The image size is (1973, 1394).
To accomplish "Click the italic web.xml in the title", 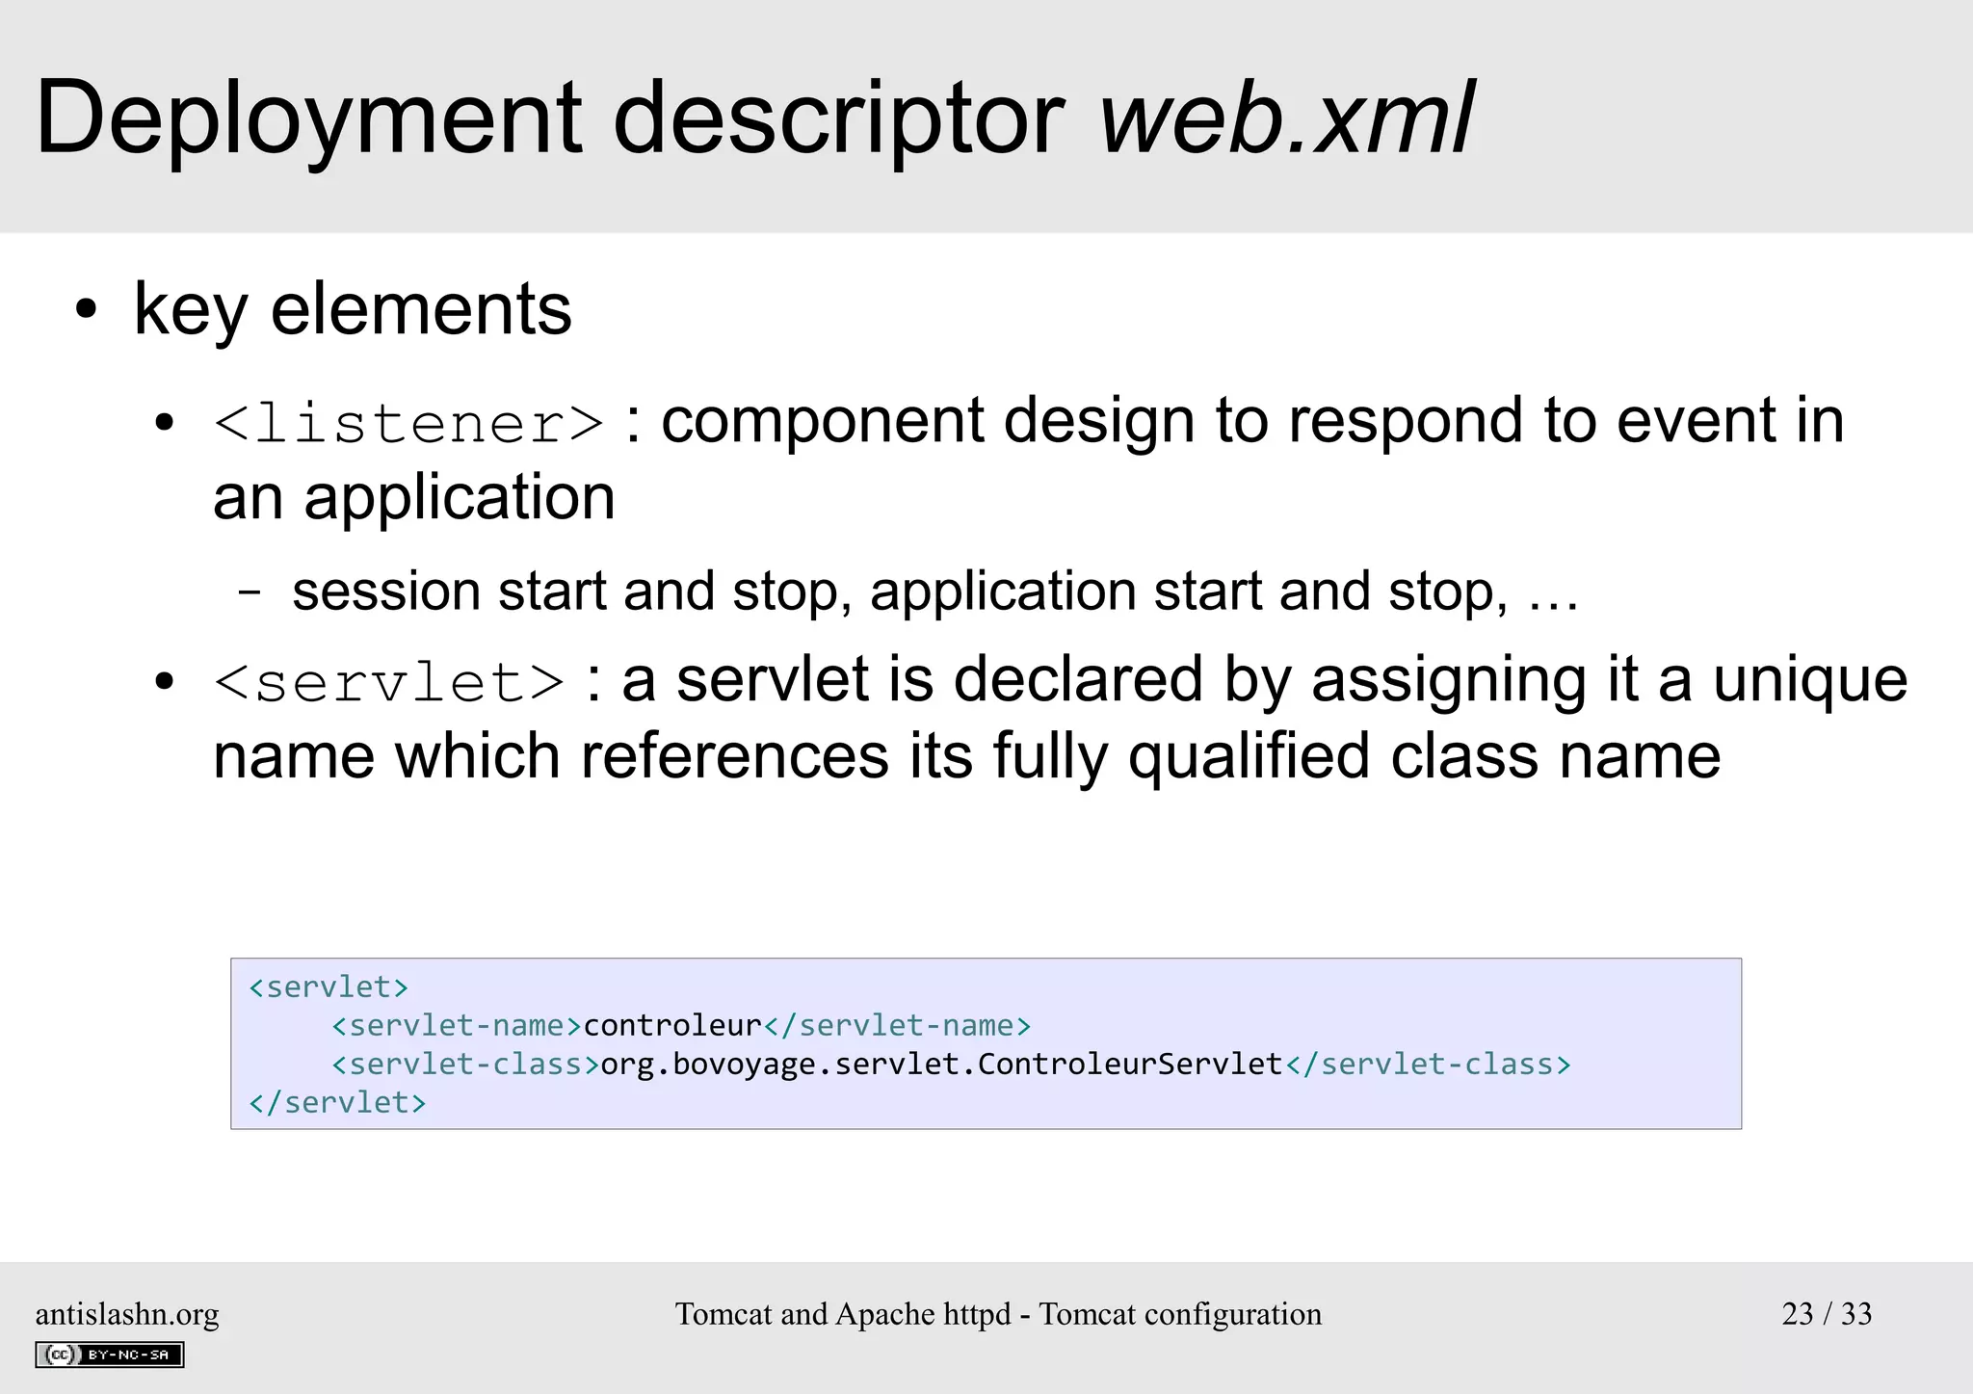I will [x=1286, y=118].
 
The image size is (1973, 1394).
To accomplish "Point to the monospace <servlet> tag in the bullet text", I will [x=389, y=683].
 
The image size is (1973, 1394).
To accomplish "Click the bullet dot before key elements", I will [x=87, y=310].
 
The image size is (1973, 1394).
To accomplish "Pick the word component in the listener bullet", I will [x=823, y=422].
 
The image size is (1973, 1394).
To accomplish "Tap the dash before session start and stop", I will [x=250, y=592].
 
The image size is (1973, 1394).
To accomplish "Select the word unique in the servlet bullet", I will [x=1809, y=680].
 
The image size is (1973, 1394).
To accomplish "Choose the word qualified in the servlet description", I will [x=1249, y=757].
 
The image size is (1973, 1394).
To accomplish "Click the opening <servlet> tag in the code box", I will [x=329, y=987].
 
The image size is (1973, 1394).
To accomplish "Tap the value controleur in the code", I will [x=672, y=1026].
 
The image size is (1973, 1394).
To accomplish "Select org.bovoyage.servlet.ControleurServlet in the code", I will [x=941, y=1065].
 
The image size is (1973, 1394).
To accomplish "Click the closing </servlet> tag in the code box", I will [x=337, y=1103].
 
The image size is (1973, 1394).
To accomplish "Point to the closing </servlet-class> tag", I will [x=1428, y=1065].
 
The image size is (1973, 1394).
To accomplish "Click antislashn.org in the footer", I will [x=127, y=1314].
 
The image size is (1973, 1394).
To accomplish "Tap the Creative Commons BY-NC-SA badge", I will [x=109, y=1355].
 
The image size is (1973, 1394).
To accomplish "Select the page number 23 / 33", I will [x=1826, y=1314].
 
